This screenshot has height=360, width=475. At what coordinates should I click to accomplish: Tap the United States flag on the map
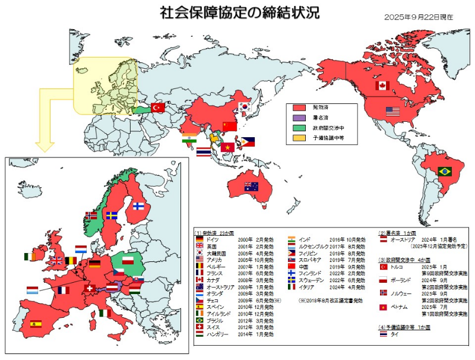coord(392,111)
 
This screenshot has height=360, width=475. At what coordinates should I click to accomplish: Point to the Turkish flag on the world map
coord(158,108)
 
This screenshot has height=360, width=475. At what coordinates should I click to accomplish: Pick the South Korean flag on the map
coord(244,106)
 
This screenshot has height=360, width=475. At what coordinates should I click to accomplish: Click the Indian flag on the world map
coord(189,140)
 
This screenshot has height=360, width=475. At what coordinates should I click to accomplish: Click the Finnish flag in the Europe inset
coord(138,207)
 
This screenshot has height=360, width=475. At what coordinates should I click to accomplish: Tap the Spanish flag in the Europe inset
coord(36,324)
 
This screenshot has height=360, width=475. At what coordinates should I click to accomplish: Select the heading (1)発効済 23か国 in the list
coord(217,232)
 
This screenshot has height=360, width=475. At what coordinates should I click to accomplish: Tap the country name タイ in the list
coord(394,334)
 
